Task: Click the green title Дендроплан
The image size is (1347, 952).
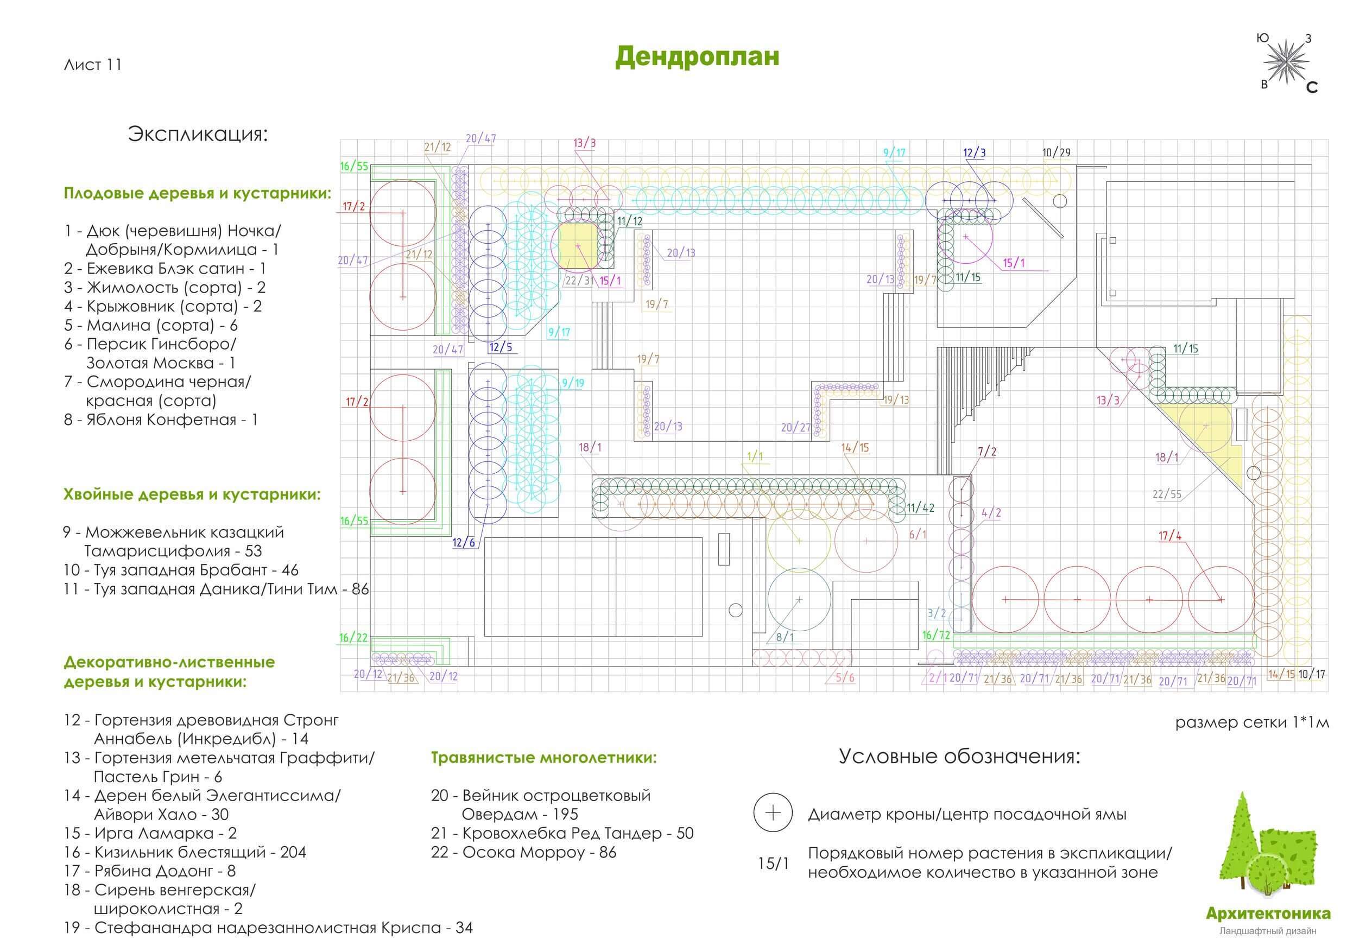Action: coord(697,57)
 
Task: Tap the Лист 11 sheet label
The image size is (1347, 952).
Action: coord(93,65)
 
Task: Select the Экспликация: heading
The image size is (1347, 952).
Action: coord(198,134)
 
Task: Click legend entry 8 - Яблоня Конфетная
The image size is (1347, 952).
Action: coord(161,420)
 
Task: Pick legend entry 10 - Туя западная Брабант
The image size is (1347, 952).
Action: coord(181,569)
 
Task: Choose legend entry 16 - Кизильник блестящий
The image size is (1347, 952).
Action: coord(185,852)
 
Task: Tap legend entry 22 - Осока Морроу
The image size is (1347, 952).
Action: coord(523,852)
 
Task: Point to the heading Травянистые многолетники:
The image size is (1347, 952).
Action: coord(543,757)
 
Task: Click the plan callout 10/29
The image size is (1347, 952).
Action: coord(1056,153)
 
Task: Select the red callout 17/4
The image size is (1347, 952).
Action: coord(1170,536)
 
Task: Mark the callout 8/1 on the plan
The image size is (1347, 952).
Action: coord(785,637)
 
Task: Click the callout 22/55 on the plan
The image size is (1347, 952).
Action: coord(1167,494)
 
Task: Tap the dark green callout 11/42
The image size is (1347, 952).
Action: coord(920,508)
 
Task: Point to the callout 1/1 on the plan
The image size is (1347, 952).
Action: coord(755,456)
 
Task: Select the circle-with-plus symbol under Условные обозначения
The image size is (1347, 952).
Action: coord(773,813)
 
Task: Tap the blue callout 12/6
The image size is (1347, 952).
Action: coord(464,543)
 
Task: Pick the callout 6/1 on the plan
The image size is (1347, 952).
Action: coord(918,535)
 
